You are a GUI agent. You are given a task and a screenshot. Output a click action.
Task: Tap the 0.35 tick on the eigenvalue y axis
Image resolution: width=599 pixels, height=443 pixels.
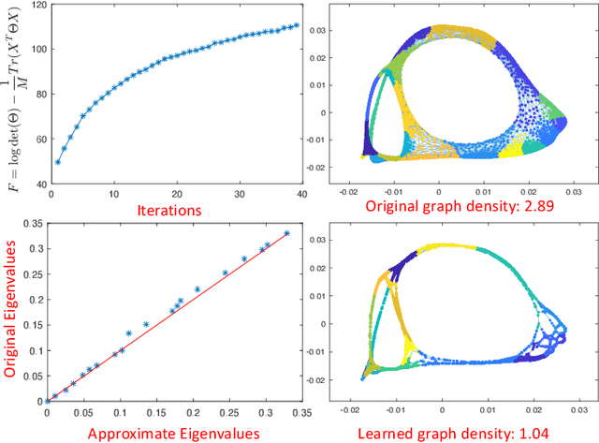click(32, 223)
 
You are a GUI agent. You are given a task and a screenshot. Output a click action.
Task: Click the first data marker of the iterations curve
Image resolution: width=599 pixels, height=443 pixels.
click(58, 161)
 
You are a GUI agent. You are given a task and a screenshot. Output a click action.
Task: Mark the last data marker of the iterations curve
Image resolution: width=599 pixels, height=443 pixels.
click(296, 26)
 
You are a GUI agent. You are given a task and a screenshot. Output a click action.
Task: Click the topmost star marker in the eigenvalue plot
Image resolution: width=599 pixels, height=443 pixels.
click(286, 234)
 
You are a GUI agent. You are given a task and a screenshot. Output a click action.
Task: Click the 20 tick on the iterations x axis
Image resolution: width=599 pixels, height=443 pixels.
click(166, 195)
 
